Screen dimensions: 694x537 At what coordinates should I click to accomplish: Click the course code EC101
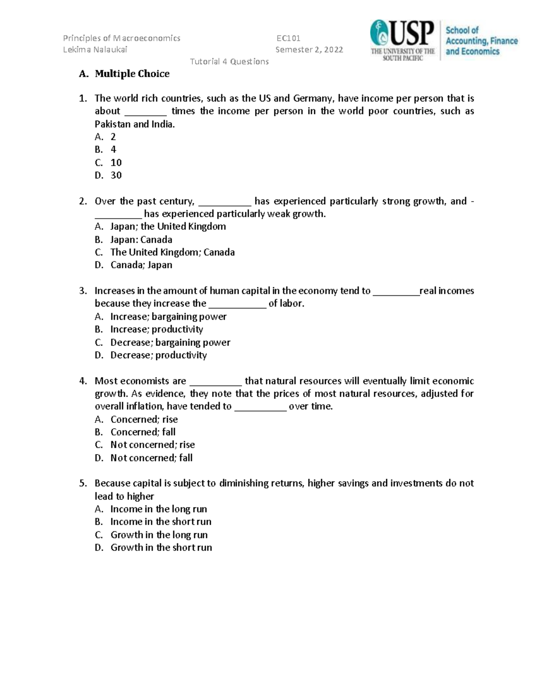(x=288, y=38)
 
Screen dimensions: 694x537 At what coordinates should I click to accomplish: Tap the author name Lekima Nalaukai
(x=95, y=50)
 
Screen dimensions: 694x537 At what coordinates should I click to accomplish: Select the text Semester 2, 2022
(x=309, y=50)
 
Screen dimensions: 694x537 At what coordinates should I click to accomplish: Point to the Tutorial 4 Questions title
(x=229, y=62)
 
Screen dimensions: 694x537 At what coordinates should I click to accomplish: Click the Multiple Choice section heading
(x=132, y=74)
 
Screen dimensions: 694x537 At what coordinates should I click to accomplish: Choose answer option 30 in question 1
(x=116, y=175)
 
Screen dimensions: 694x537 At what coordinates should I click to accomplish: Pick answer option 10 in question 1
(x=116, y=163)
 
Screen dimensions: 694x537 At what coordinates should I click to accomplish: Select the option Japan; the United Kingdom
(x=168, y=227)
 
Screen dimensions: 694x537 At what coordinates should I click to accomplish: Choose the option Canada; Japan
(x=141, y=265)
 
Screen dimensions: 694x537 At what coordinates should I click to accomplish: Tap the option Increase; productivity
(x=157, y=329)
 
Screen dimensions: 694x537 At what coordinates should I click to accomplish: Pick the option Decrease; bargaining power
(x=170, y=342)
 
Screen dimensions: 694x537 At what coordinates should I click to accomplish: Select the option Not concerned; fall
(x=151, y=458)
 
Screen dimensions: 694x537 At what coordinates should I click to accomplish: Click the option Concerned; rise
(x=144, y=419)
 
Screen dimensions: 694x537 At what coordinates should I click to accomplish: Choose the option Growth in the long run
(x=159, y=535)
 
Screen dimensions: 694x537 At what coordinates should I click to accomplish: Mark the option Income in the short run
(x=161, y=522)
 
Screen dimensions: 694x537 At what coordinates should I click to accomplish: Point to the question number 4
(x=82, y=381)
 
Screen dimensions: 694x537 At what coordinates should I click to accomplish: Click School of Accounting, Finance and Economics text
(x=481, y=41)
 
